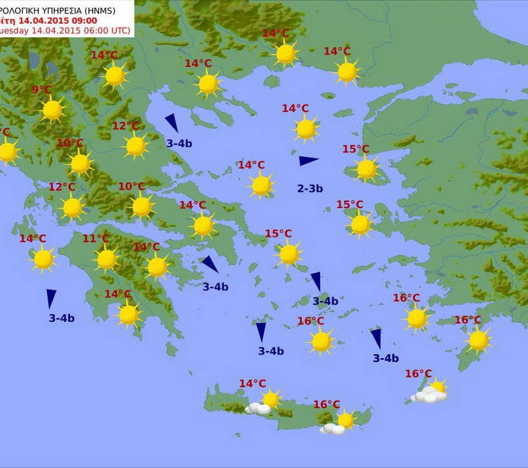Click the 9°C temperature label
click(x=41, y=90)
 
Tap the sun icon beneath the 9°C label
click(x=52, y=110)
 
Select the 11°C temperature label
click(x=95, y=239)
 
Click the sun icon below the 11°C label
click(x=107, y=259)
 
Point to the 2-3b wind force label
click(x=310, y=189)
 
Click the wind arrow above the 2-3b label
click(x=308, y=160)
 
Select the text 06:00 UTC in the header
click(x=105, y=30)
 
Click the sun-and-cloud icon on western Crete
click(x=264, y=403)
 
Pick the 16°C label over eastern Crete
click(x=326, y=404)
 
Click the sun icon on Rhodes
click(x=478, y=341)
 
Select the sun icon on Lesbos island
click(x=366, y=169)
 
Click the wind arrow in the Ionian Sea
click(x=51, y=298)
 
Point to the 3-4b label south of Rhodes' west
click(x=386, y=359)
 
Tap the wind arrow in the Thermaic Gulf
click(x=171, y=122)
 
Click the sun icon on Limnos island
click(x=306, y=129)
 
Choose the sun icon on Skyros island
click(x=261, y=185)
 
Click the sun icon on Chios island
click(x=360, y=225)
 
